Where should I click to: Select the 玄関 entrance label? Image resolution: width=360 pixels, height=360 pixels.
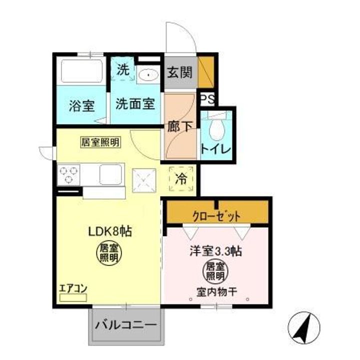click(x=179, y=72)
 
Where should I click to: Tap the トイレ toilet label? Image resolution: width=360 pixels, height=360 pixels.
click(x=215, y=149)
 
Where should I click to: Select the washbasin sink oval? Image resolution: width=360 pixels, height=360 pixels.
click(x=148, y=76)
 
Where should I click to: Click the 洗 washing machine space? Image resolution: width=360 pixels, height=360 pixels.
click(x=122, y=70)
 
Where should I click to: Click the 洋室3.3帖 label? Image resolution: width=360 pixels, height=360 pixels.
click(x=215, y=251)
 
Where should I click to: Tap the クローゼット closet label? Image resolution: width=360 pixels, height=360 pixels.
click(x=217, y=216)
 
